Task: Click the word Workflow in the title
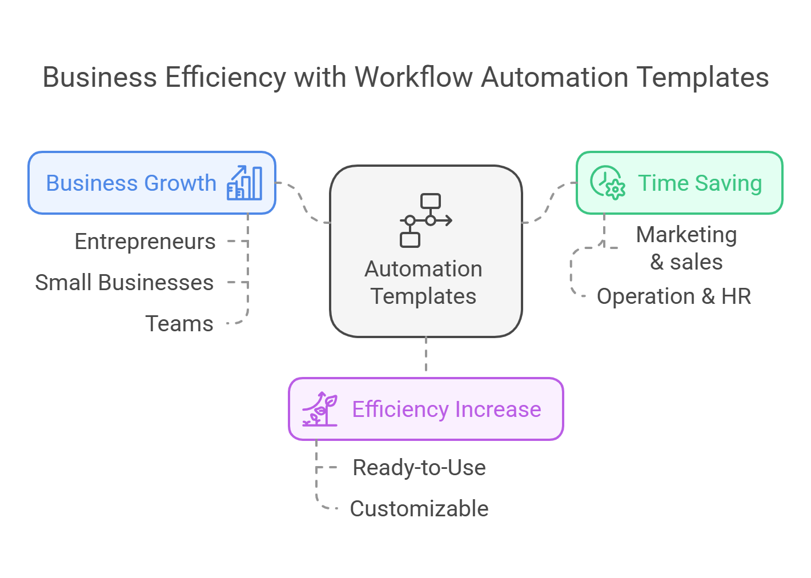(x=415, y=78)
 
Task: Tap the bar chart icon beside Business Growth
(x=245, y=183)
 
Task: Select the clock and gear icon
(x=608, y=183)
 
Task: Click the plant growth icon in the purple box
(x=320, y=409)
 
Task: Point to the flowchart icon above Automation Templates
(x=426, y=220)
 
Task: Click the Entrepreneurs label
(x=145, y=242)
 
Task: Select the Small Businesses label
(x=125, y=283)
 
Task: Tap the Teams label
(x=179, y=324)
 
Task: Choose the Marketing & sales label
(x=686, y=248)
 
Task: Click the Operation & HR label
(x=674, y=296)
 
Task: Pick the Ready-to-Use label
(x=419, y=468)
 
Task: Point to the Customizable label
(x=419, y=509)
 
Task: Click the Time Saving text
(x=700, y=183)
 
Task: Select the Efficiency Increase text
(x=447, y=410)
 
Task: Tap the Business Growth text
(x=131, y=183)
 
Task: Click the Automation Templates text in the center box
(x=424, y=283)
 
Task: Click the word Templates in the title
(x=702, y=78)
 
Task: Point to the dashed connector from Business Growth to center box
(x=303, y=202)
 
